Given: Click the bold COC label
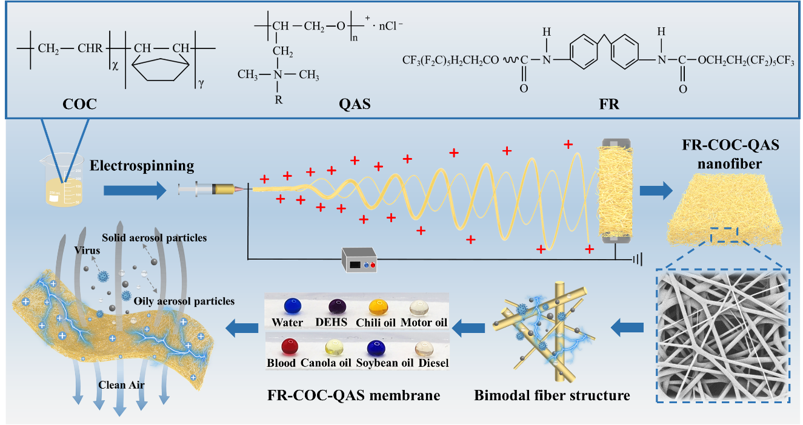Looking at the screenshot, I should [79, 104].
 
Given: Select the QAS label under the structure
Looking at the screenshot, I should [355, 104].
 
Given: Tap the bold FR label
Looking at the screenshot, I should [607, 104].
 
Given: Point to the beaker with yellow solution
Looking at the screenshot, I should [62, 179].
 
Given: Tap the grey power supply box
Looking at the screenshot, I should [359, 260].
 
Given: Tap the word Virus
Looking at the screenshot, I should [84, 248].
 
